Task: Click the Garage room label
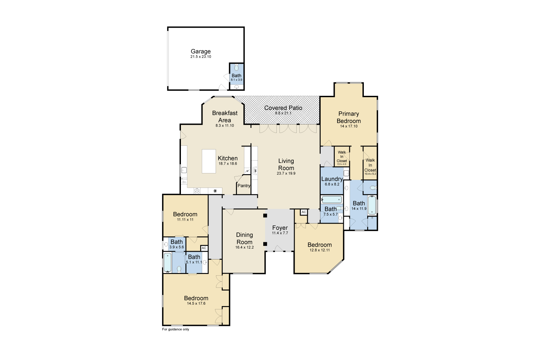point(200,51)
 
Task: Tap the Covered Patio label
point(283,108)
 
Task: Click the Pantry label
point(244,186)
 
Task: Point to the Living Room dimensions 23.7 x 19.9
point(286,173)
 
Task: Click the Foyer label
point(280,228)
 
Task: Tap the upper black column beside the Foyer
point(265,216)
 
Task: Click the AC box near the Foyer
point(304,212)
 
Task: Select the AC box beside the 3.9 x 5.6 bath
point(204,248)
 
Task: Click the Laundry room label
point(332,179)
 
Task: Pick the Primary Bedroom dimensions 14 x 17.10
point(349,126)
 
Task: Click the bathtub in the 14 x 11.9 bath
point(372,205)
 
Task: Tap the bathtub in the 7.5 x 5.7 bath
point(331,200)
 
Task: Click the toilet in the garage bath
point(236,68)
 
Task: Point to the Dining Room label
point(244,238)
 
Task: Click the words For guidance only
point(175,329)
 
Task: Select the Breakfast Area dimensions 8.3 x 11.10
point(225,126)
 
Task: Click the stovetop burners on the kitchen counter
point(197,191)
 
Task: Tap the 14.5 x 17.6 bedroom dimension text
point(196,303)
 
